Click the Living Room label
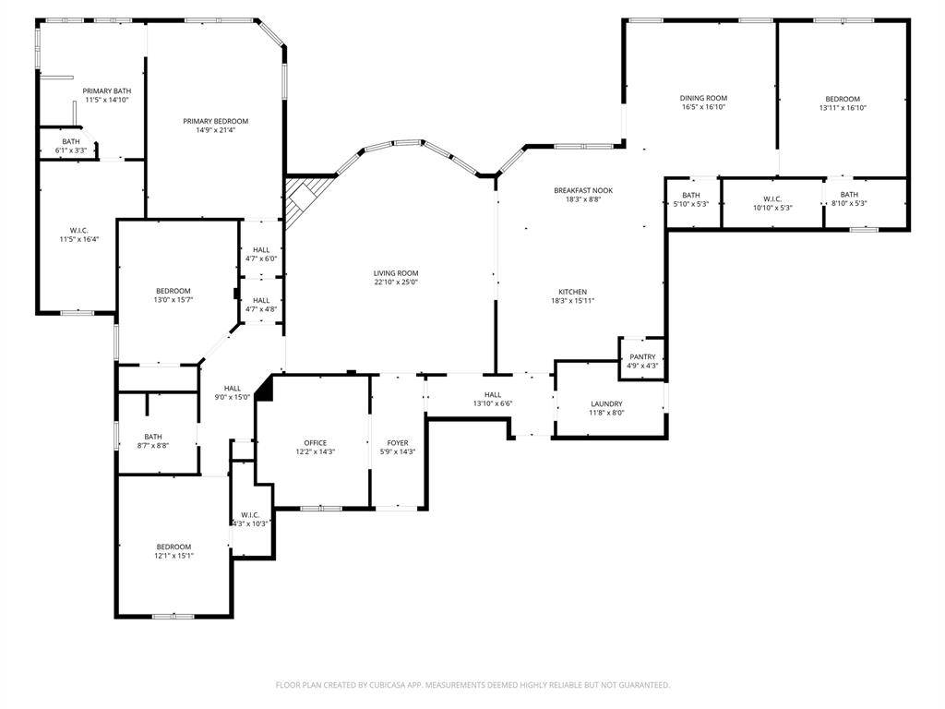click(x=396, y=273)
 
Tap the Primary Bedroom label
click(x=216, y=121)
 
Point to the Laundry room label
click(x=606, y=404)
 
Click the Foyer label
click(x=398, y=443)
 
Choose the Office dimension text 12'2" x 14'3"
click(x=316, y=451)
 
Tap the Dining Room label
click(x=703, y=98)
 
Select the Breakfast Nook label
click(x=583, y=190)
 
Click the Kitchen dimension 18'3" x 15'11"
click(x=572, y=301)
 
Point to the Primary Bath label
click(x=107, y=91)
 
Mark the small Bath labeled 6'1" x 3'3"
click(x=70, y=145)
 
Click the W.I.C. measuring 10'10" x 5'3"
click(x=772, y=203)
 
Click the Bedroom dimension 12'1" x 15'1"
click(x=173, y=556)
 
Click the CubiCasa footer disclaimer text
click(x=472, y=685)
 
